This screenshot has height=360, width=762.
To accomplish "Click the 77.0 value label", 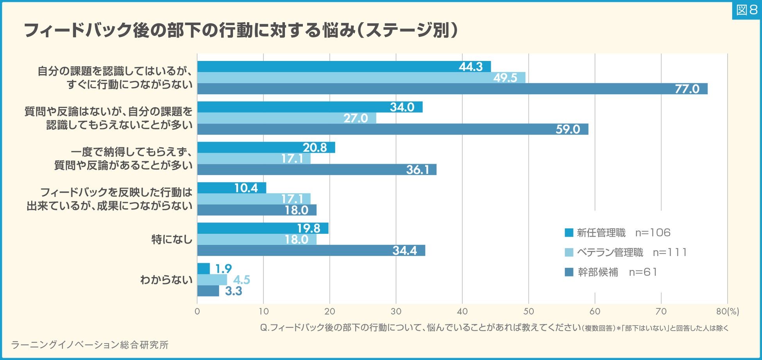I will click(687, 89).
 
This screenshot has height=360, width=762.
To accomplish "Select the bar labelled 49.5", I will click(361, 78).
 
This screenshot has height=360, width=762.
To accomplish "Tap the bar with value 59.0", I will click(392, 129).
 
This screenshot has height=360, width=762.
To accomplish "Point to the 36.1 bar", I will click(317, 170).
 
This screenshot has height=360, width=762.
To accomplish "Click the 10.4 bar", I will click(231, 188).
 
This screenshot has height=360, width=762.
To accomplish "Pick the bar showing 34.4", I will click(311, 251).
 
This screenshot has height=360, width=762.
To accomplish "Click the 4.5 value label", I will click(241, 280).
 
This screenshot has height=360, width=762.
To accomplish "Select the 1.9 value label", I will click(224, 269).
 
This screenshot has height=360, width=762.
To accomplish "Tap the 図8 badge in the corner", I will click(746, 9).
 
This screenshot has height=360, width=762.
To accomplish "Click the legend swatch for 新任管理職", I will click(569, 233).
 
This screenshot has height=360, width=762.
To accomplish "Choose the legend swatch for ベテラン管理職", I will click(569, 253).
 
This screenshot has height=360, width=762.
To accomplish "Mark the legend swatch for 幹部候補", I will click(569, 272).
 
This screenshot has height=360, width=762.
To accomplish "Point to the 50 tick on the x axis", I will click(528, 312).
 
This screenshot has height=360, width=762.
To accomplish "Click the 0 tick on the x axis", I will click(197, 312).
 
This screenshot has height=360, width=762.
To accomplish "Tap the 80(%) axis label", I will click(728, 312).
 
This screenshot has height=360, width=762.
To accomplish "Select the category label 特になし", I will click(172, 239).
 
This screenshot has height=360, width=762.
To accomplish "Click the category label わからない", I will click(166, 280).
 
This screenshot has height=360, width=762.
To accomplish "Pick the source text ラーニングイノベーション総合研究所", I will click(89, 345).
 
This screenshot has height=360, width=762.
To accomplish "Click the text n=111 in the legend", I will click(670, 253).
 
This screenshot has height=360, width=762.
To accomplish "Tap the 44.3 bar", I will click(344, 67).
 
